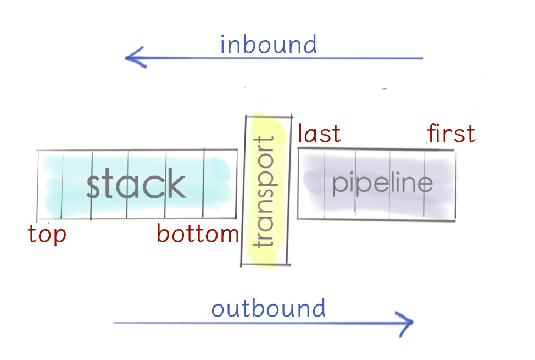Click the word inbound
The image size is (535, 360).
point(269,45)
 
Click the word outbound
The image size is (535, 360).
point(269,308)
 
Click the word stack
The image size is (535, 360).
point(136,183)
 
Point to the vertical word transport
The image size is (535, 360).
point(264,191)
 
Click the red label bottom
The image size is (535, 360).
point(198,234)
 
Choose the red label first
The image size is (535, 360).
point(451,133)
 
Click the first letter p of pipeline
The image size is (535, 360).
point(340,185)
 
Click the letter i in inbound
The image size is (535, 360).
point(223,45)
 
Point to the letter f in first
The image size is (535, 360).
point(432,133)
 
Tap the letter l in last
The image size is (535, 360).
point(300,133)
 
